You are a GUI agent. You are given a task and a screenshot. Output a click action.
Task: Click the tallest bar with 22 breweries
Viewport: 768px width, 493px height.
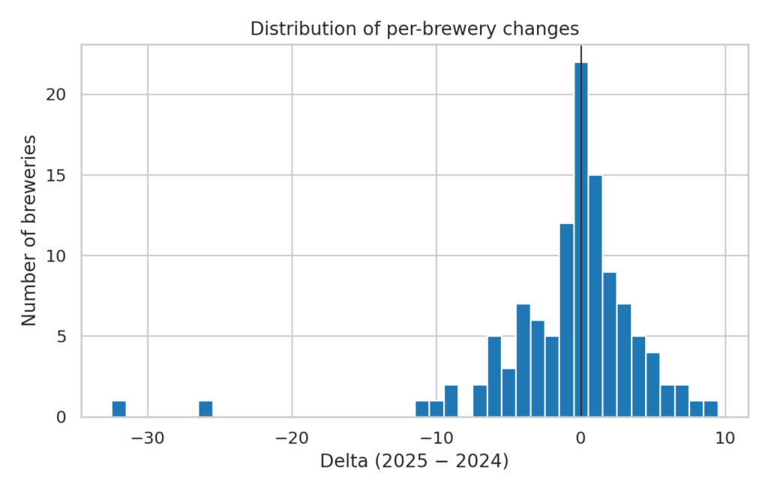point(581,240)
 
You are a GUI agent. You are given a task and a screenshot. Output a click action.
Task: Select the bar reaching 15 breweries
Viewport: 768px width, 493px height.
point(595,296)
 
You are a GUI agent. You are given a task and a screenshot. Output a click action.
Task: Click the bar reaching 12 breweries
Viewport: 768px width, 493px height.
point(566,320)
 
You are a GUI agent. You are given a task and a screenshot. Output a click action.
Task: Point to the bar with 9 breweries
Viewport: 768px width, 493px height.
point(610,345)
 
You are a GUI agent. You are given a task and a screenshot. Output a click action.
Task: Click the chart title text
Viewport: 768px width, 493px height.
point(415,29)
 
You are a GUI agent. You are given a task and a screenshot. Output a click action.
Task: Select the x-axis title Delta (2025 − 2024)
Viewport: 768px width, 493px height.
point(414,461)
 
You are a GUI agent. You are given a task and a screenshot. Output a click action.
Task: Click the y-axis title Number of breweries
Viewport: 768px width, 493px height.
point(29,230)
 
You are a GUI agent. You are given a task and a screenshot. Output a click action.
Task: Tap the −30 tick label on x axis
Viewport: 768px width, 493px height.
point(147,436)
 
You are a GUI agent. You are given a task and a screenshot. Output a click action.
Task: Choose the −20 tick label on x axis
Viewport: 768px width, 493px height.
point(292,436)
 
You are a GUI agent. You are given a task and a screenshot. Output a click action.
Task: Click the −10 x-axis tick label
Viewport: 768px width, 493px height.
point(436,436)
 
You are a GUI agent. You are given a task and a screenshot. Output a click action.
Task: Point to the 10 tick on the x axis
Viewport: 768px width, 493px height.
point(725,436)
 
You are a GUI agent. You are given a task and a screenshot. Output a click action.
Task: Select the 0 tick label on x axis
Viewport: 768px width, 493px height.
point(581,436)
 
